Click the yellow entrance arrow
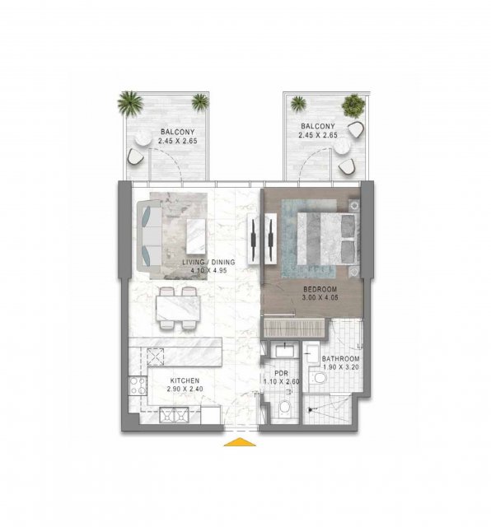pos(240,441)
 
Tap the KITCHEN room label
pos(185,380)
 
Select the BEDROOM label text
pos(320,289)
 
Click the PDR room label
pos(281,373)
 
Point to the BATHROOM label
pos(341,359)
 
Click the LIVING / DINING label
pos(208,262)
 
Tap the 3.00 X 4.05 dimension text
pos(320,297)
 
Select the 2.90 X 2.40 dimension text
pos(185,389)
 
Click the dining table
pos(178,308)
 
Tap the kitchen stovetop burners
pos(138,385)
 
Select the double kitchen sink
pos(174,415)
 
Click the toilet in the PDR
pos(284,408)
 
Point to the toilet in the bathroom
pos(318,377)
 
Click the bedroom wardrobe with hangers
pos(294,328)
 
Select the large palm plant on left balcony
pos(130,103)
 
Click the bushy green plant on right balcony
pos(353,105)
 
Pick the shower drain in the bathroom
pos(310,410)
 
